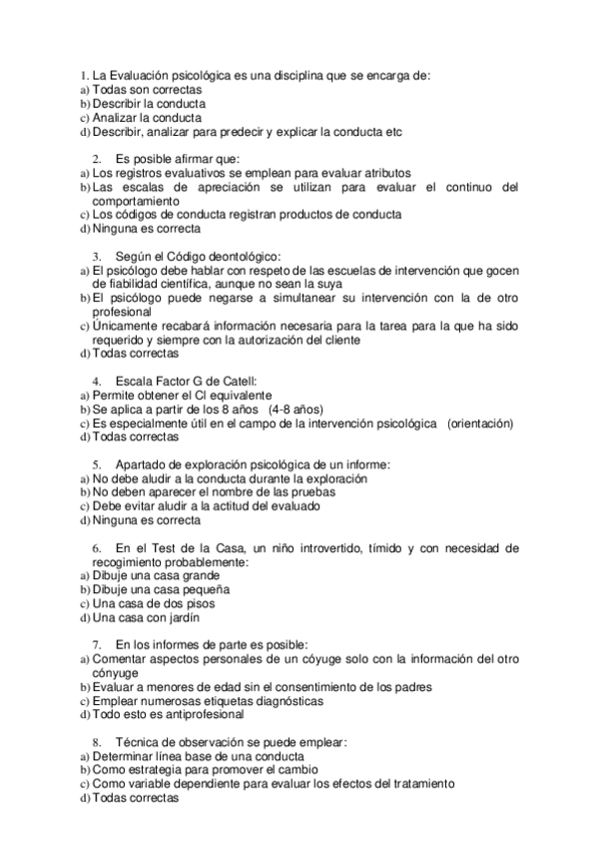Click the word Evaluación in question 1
point(140,75)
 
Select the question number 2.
point(97,158)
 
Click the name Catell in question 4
point(237,381)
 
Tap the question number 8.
point(97,742)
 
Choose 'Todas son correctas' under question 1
point(147,89)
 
